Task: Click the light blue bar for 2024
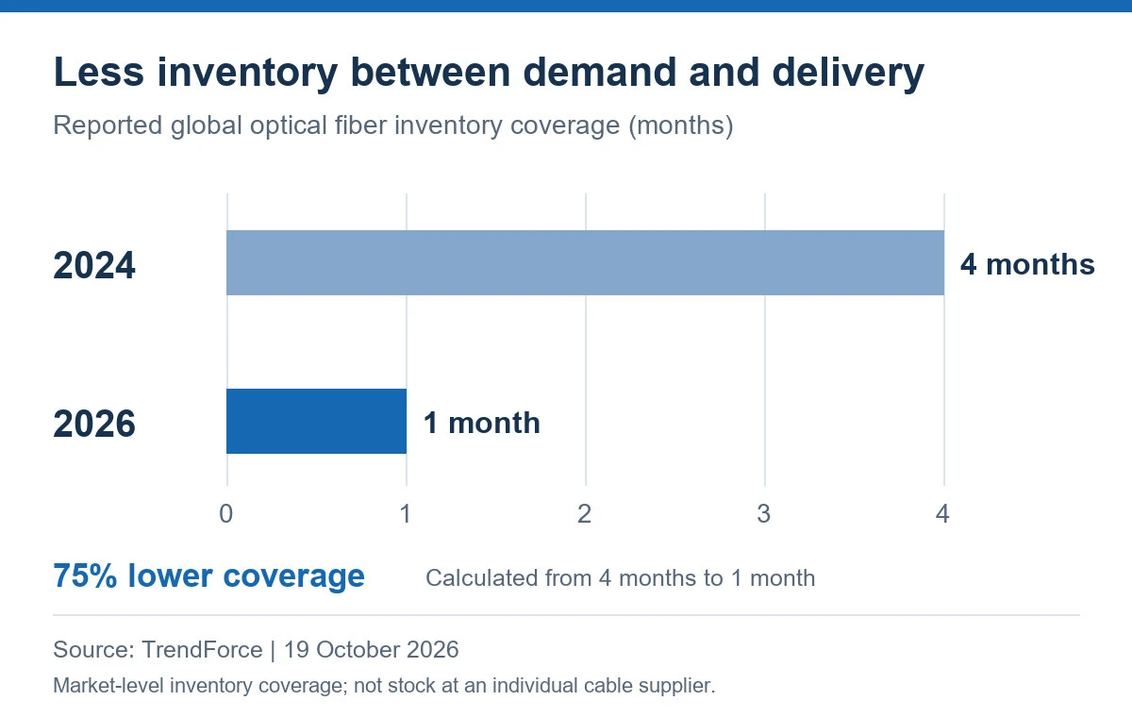pos(585,263)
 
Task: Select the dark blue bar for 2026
pos(316,421)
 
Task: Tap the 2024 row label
pos(94,265)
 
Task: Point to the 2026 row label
pos(94,424)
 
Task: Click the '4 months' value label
pos(1027,264)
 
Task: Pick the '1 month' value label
pos(482,423)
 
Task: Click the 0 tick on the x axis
pos(225,514)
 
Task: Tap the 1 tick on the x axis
pos(406,514)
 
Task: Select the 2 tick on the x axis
pos(584,514)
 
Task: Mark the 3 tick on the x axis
pos(763,514)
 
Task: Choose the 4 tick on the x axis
pos(942,514)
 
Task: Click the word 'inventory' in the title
pos(247,74)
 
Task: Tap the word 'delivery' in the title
pos(848,74)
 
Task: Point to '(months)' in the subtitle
pos(681,125)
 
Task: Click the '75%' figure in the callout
pos(85,575)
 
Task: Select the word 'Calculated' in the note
pos(508,578)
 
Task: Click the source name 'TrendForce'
pos(202,650)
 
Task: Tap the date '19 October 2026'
pos(372,650)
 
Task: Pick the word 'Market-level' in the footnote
pos(108,686)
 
